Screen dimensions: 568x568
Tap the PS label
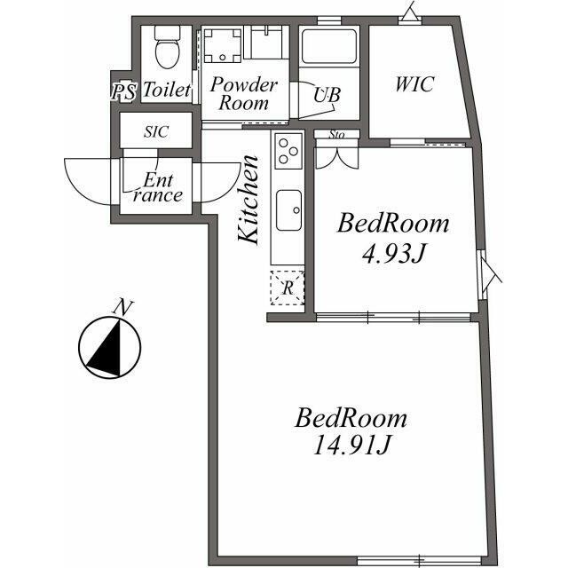pos(124,91)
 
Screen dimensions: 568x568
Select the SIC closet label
pos(156,131)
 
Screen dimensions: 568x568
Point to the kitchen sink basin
pos(288,210)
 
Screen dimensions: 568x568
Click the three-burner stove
pos(288,151)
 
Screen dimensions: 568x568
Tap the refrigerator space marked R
pos(288,288)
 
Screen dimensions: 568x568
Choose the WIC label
pos(414,84)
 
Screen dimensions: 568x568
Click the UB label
pos(327,95)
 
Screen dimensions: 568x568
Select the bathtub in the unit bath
pos(329,46)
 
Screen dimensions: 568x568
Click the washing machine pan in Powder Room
pos(222,45)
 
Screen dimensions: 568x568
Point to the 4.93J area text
pos(393,253)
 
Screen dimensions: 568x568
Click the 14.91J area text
pos(351,445)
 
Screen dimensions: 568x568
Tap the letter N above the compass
pos(123,308)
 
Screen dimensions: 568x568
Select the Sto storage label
pos(336,134)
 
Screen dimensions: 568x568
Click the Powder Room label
pos(244,94)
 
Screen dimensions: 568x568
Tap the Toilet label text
pos(167,90)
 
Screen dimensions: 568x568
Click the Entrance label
pos(158,187)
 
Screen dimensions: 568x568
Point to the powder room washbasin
pos(266,43)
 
